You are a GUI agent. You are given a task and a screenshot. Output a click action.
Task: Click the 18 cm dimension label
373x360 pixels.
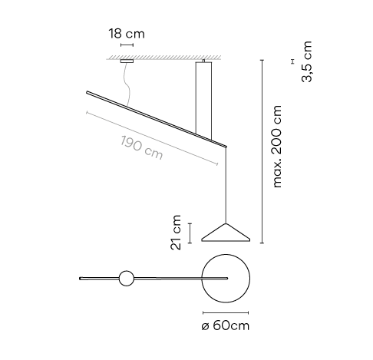pyautogui.click(x=127, y=34)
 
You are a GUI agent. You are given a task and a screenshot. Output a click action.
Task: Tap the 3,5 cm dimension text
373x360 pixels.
pyautogui.click(x=307, y=61)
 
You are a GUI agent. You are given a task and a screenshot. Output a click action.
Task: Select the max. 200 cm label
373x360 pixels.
pyautogui.click(x=277, y=147)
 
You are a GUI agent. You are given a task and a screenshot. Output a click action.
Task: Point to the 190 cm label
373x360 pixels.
pyautogui.click(x=141, y=148)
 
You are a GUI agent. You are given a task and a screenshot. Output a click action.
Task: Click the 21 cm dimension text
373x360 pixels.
pyautogui.click(x=176, y=233)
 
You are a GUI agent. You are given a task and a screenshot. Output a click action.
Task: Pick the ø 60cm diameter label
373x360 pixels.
pyautogui.click(x=225, y=325)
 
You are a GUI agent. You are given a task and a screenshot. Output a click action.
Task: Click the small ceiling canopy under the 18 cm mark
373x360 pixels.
pyautogui.click(x=127, y=61)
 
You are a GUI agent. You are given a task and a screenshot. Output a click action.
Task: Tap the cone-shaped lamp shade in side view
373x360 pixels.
pyautogui.click(x=226, y=233)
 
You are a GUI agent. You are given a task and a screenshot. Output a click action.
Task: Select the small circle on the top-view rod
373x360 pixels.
pyautogui.click(x=127, y=279)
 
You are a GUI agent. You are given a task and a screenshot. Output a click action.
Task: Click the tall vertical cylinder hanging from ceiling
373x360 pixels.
pyautogui.click(x=203, y=101)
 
